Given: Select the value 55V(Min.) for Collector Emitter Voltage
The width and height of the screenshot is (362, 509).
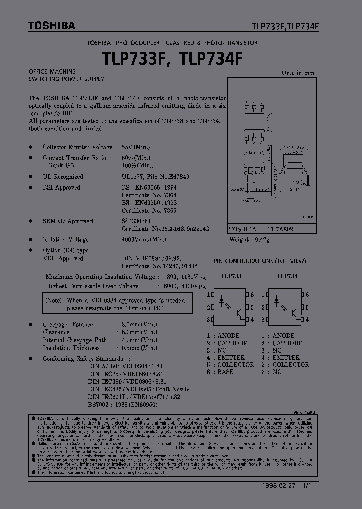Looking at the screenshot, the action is [x=136, y=147].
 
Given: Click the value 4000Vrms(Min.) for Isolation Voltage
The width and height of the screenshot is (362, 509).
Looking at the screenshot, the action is [x=144, y=240].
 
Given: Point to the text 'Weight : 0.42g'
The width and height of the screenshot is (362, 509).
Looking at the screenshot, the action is [x=250, y=239].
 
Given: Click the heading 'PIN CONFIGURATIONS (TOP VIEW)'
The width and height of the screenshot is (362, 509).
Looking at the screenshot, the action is [x=259, y=261].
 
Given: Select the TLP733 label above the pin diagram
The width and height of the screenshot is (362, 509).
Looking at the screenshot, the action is [x=231, y=276].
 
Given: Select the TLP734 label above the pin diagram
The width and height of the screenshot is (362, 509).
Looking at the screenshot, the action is [x=287, y=276].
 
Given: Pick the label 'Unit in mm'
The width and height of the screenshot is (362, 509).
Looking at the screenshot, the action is [x=298, y=73].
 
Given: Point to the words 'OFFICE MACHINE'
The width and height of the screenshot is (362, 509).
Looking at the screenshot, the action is [x=52, y=72].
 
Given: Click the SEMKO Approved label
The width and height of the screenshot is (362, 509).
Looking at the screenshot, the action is [x=68, y=221].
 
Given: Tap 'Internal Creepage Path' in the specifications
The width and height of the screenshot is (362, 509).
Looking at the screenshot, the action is [x=75, y=340].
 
